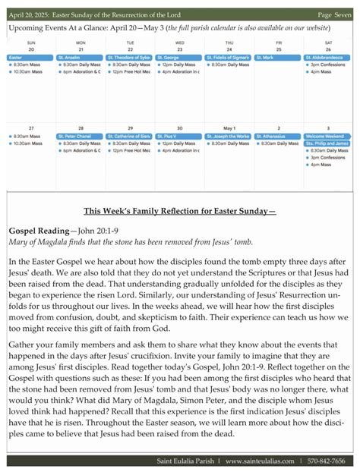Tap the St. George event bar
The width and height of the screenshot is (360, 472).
tap(179, 58)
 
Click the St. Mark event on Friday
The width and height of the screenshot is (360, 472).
tap(278, 58)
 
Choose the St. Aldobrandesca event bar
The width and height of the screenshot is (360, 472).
tap(328, 58)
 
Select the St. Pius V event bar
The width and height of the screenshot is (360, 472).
tap(179, 136)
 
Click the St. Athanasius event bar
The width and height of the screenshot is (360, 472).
tap(278, 136)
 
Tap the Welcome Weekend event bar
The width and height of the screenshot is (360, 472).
tap(328, 136)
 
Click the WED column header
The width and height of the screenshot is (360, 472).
tap(179, 42)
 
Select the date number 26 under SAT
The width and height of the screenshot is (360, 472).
tap(328, 49)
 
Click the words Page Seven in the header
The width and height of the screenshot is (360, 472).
tap(334, 14)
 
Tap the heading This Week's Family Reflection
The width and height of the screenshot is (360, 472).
tap(180, 210)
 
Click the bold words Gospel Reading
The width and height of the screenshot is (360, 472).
tap(40, 229)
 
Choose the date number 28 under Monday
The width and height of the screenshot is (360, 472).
tap(81, 128)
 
